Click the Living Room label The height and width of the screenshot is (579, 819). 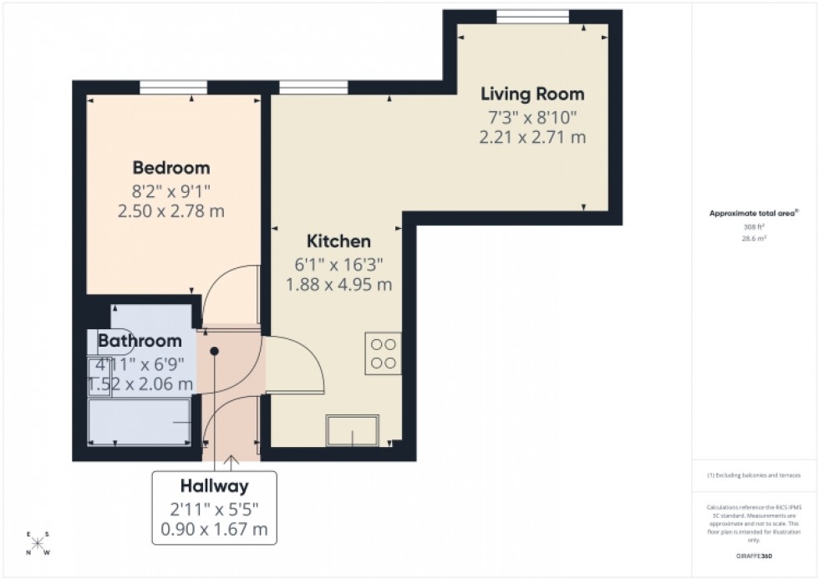click(x=532, y=94)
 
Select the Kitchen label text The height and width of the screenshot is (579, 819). click(x=338, y=241)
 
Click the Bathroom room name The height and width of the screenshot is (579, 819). click(x=140, y=341)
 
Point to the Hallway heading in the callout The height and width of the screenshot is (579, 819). click(x=214, y=485)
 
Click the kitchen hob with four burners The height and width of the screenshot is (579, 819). click(x=383, y=353)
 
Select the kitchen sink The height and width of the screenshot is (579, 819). click(x=353, y=431)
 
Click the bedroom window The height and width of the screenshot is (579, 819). click(x=173, y=86)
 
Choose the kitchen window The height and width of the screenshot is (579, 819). click(x=313, y=86)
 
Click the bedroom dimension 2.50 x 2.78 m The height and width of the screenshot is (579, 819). click(x=171, y=211)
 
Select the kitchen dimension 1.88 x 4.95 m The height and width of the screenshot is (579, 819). click(x=338, y=285)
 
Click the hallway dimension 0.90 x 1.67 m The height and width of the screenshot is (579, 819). click(x=214, y=529)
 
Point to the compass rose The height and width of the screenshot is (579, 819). click(x=38, y=543)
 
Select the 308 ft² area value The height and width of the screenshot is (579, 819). click(x=755, y=226)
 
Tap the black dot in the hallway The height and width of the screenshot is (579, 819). click(x=215, y=351)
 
